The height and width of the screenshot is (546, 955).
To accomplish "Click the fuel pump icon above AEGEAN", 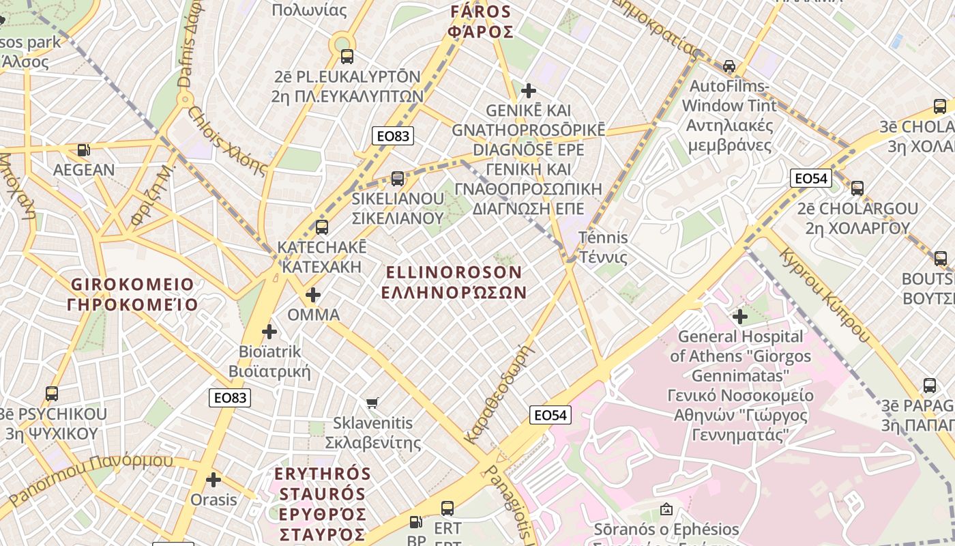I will (x=83, y=150).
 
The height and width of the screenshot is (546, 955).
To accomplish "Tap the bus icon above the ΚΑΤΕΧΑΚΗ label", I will (x=321, y=227).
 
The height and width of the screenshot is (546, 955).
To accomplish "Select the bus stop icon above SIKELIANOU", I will (x=398, y=179).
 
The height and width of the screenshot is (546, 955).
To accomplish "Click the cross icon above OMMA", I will (x=313, y=295).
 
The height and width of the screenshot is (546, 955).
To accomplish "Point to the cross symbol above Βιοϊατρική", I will (x=269, y=332).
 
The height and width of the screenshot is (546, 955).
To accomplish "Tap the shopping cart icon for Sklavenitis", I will (x=372, y=403).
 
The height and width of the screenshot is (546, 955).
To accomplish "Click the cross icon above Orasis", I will (x=214, y=480).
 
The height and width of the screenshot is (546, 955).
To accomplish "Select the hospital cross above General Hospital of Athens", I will (x=739, y=317).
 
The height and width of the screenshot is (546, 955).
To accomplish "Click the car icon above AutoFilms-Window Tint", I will (x=729, y=66).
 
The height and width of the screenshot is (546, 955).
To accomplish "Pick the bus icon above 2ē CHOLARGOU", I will (x=857, y=188).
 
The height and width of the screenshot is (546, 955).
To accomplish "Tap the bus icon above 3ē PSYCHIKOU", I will (x=52, y=394).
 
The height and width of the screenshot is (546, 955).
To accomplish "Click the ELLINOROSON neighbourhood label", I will (x=454, y=282).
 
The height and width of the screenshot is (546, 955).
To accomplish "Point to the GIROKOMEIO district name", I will (x=132, y=294).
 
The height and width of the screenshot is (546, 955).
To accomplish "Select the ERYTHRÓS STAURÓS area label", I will (x=323, y=503).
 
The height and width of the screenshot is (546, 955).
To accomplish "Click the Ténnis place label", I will (x=603, y=248).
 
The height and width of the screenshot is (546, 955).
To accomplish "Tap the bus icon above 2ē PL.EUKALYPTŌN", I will (x=347, y=57).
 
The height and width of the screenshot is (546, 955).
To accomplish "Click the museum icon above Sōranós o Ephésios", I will (x=666, y=509).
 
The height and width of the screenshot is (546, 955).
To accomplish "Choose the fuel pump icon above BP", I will (x=415, y=522).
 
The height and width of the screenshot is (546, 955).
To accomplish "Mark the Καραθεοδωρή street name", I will (x=497, y=394).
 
